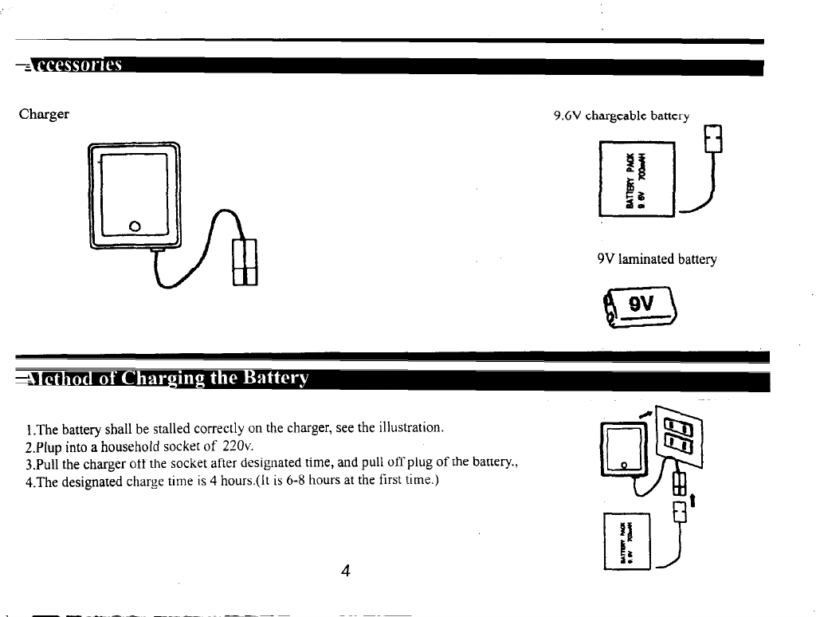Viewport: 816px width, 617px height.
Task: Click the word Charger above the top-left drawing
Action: [44, 114]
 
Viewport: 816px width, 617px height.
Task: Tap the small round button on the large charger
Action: [135, 225]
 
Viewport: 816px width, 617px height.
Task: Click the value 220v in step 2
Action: [235, 445]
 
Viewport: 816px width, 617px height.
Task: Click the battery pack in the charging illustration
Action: [629, 540]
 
